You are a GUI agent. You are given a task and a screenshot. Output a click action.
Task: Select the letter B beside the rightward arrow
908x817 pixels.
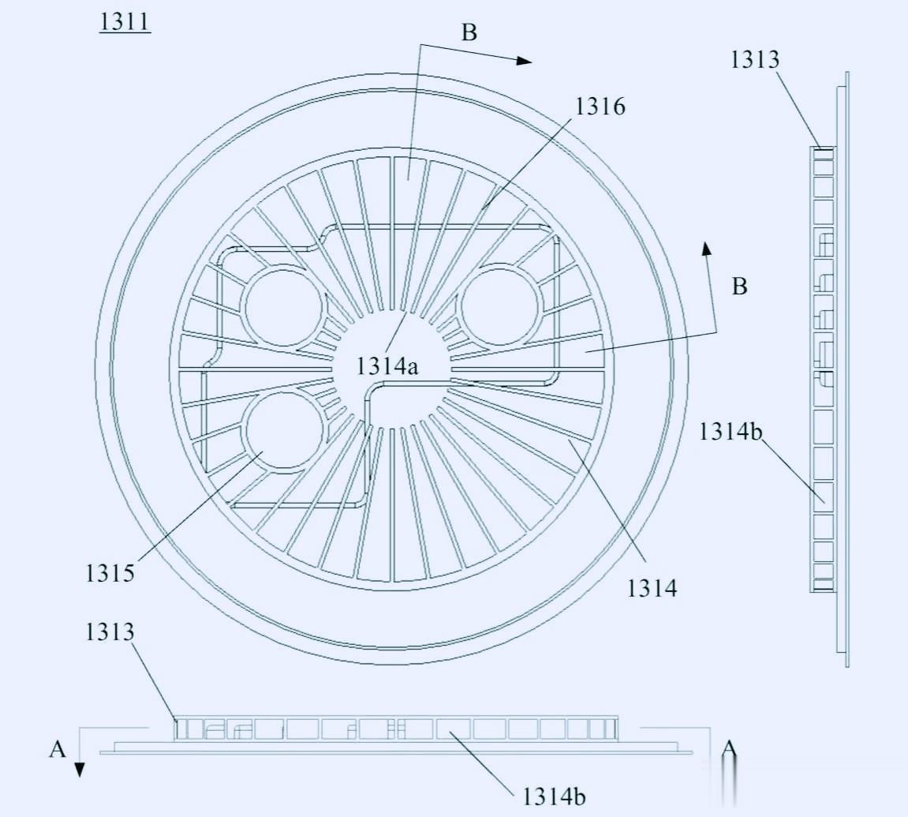pyautogui.click(x=469, y=32)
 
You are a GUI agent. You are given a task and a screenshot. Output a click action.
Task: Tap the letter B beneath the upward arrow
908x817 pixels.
pyautogui.click(x=739, y=287)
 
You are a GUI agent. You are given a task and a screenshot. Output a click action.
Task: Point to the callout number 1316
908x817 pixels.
pyautogui.click(x=600, y=107)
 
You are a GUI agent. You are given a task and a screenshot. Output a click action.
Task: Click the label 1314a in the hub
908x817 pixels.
pyautogui.click(x=387, y=366)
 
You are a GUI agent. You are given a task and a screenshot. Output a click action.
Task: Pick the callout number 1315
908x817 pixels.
pyautogui.click(x=110, y=573)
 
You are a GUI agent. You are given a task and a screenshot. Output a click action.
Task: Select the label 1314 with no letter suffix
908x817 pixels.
pyautogui.click(x=652, y=588)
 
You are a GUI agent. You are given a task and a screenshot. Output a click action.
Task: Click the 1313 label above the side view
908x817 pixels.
pyautogui.click(x=754, y=60)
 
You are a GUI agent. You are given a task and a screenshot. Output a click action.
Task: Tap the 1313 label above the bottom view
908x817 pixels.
pyautogui.click(x=110, y=631)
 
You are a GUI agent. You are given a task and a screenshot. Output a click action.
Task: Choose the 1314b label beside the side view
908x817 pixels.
pyautogui.click(x=731, y=432)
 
